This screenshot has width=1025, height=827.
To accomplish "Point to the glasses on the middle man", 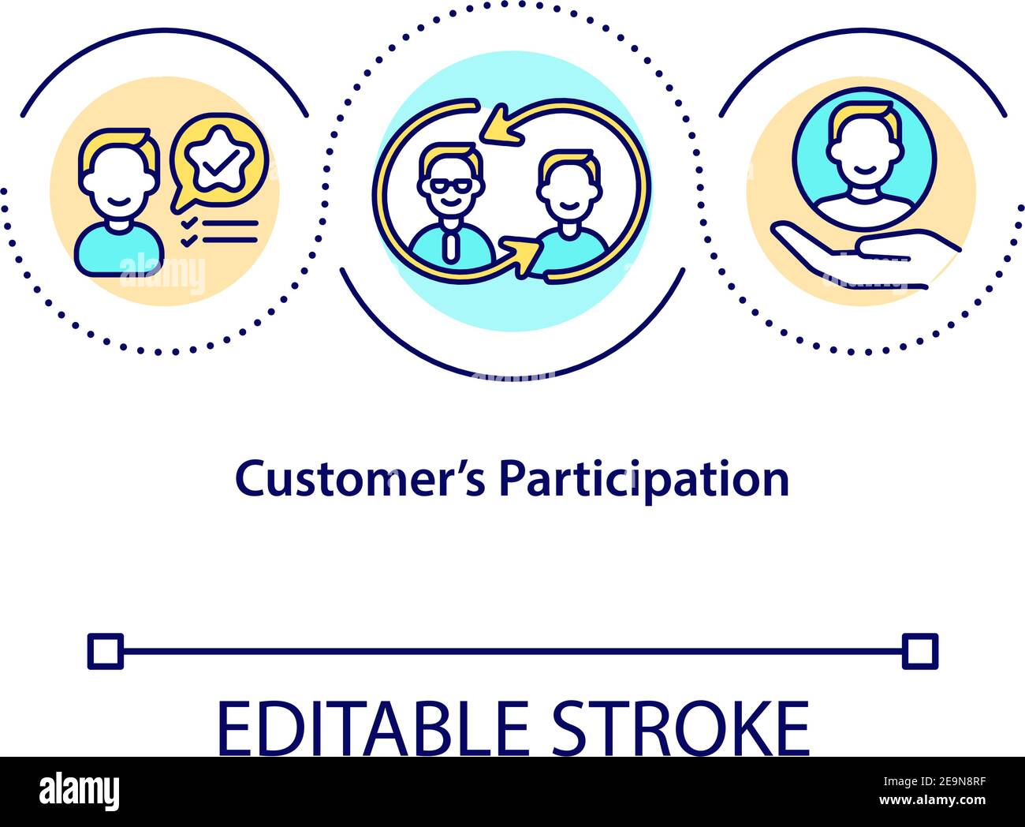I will pyautogui.click(x=447, y=186).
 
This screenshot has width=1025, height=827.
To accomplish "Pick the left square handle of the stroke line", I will pyautogui.click(x=105, y=651).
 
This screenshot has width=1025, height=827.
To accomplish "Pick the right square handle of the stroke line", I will pyautogui.click(x=920, y=651).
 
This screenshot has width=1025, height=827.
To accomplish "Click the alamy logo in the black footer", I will pyautogui.click(x=80, y=791).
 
